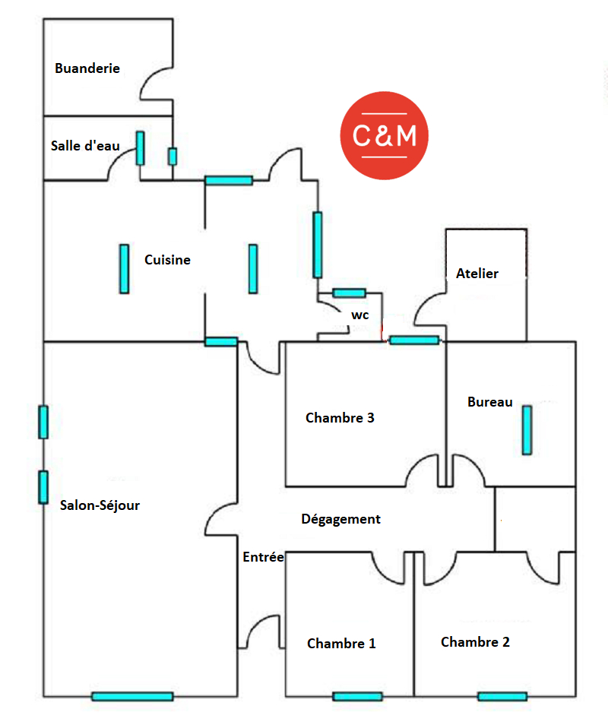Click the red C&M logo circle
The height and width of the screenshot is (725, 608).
coord(384,135)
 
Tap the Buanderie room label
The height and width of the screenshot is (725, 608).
coord(87,68)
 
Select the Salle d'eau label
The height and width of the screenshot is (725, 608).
coord(85,146)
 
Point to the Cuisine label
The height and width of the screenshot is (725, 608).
coord(167,260)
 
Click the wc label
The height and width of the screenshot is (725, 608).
coord(359,314)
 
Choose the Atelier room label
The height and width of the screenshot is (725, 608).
coord(477,274)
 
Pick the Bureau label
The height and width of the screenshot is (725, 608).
coord(489,402)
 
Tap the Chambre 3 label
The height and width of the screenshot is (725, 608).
coord(340,417)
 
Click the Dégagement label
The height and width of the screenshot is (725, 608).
coord(340,520)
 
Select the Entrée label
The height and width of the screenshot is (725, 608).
coord(263,557)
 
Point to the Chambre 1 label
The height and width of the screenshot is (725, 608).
coord(341,644)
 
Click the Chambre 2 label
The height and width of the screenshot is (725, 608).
coord(475,642)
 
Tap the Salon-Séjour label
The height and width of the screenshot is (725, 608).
coord(100,505)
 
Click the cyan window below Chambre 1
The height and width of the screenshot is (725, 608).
coord(357,696)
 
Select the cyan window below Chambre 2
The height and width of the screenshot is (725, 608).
coord(502,696)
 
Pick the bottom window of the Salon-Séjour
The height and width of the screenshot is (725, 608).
coord(132,696)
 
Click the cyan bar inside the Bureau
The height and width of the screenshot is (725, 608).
coord(527,430)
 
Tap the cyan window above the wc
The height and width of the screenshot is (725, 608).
coord(350,293)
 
